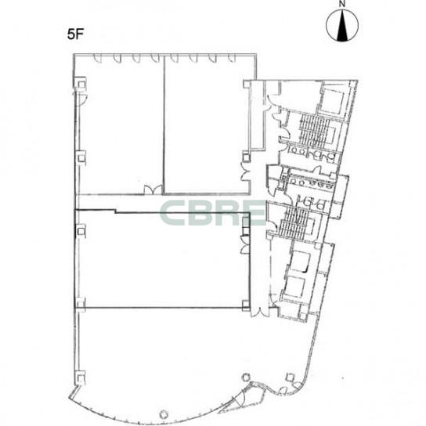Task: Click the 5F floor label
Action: (75, 34)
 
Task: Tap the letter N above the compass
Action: (342, 4)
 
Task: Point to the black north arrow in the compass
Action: (342, 26)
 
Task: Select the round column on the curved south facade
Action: (164, 414)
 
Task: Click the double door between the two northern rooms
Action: (153, 190)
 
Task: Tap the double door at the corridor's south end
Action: (260, 312)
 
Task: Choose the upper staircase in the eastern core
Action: (314, 130)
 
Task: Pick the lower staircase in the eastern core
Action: (294, 222)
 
